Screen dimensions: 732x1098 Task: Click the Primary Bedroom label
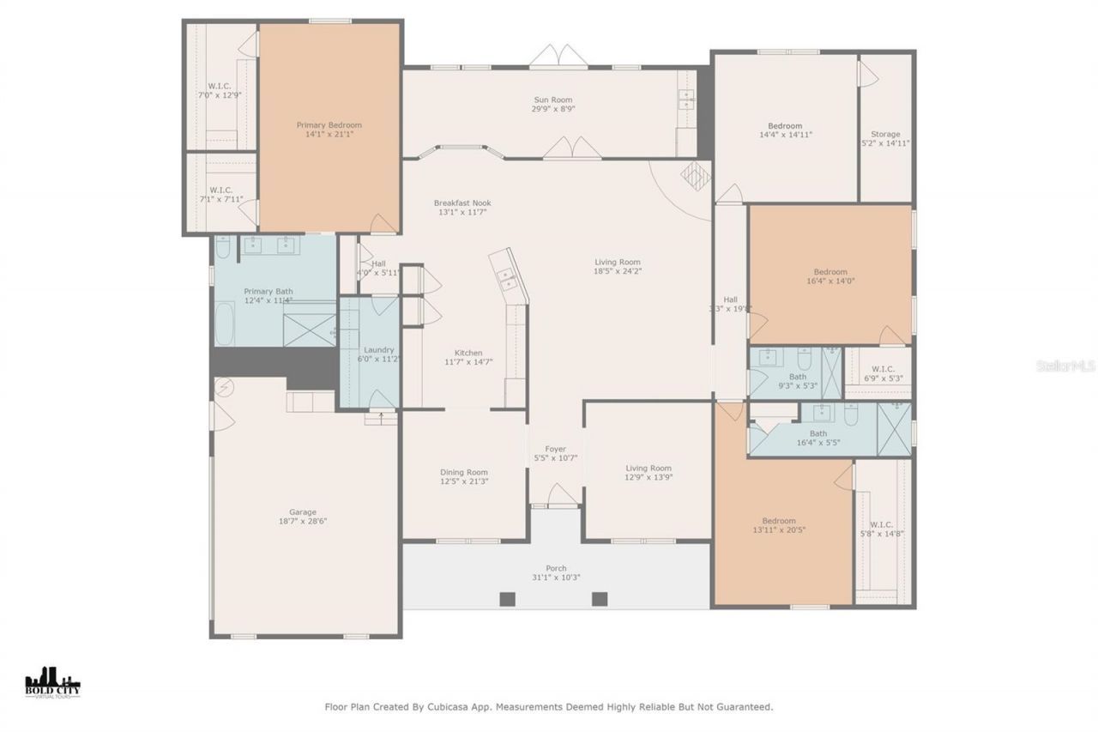point(329,125)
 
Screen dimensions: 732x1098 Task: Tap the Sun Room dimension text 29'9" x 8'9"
point(553,110)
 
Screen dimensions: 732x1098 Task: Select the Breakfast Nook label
point(462,203)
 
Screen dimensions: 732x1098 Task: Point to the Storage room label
point(885,134)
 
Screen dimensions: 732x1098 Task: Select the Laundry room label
point(378,350)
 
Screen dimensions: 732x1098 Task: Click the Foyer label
point(555,449)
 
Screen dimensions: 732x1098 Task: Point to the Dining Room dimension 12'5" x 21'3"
point(464,481)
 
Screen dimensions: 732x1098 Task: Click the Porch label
point(556,568)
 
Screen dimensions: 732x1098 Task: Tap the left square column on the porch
point(505,599)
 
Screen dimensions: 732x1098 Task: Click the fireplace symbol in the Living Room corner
point(695,175)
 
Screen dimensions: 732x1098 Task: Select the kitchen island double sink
point(507,278)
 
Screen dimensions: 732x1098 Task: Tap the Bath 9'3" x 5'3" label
point(797,377)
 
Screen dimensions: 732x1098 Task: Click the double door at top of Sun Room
point(558,58)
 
